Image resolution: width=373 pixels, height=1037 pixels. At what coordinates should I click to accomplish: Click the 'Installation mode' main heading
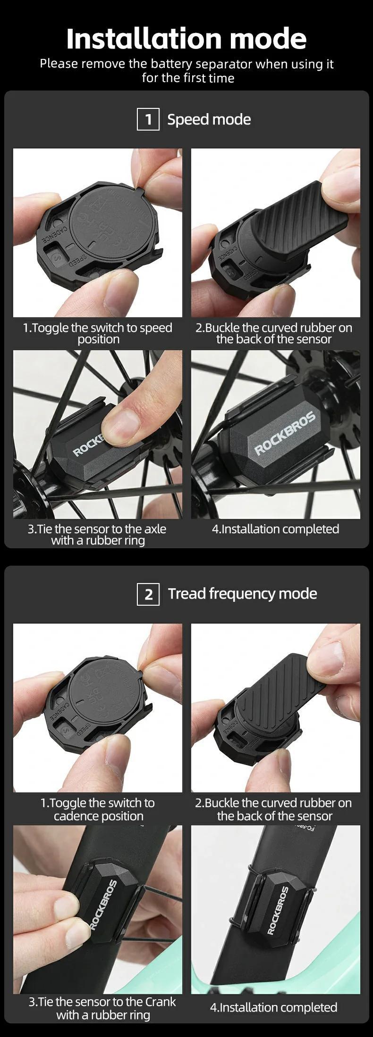(x=186, y=39)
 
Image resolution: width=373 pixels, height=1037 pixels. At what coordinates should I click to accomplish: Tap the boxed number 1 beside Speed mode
(x=148, y=119)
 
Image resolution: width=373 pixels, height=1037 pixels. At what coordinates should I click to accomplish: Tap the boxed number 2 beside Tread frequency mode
(x=148, y=594)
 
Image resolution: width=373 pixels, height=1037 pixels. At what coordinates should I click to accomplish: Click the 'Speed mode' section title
(x=209, y=119)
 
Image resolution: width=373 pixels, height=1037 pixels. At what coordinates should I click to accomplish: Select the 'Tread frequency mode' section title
(x=242, y=593)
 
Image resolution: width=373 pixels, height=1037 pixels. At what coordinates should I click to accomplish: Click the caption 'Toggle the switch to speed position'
(x=98, y=333)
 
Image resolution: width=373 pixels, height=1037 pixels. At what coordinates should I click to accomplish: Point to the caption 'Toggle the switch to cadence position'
(x=98, y=809)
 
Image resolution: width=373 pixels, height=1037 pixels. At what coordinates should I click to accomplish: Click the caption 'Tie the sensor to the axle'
(x=97, y=535)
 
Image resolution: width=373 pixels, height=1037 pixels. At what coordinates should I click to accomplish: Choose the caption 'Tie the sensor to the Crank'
(x=102, y=1008)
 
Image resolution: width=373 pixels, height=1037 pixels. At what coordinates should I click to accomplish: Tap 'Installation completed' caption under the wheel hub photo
(x=275, y=529)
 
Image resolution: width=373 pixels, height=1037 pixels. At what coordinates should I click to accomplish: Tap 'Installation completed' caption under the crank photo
(x=273, y=1007)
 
